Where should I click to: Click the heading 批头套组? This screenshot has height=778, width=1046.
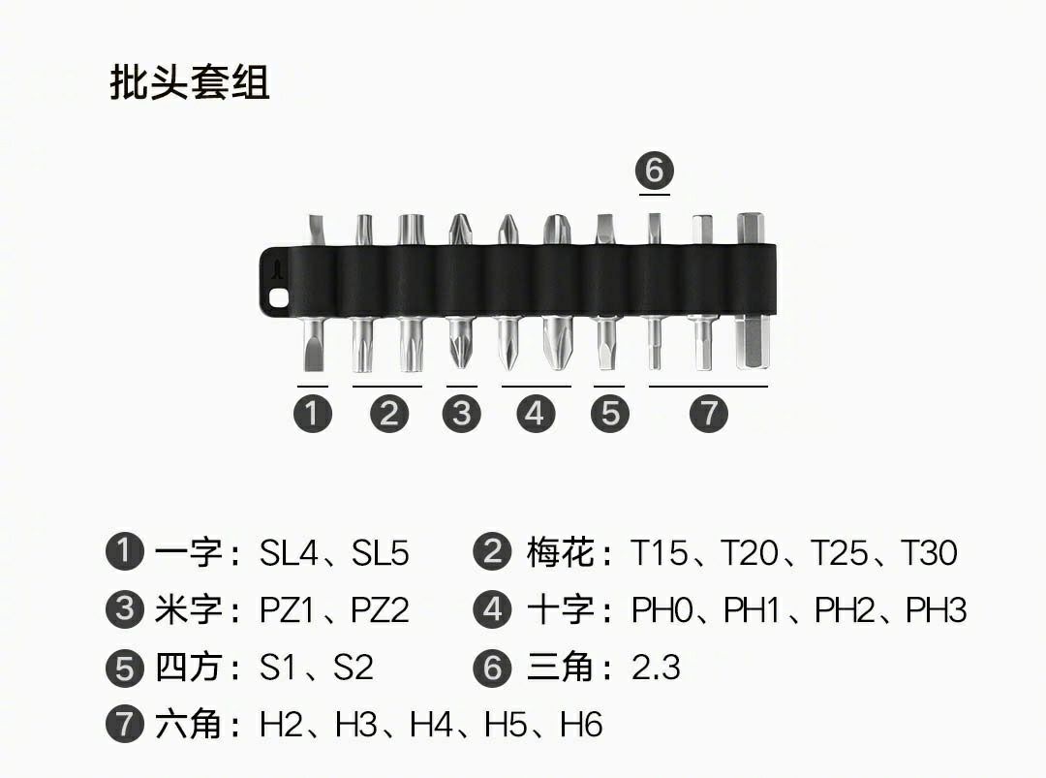click(190, 82)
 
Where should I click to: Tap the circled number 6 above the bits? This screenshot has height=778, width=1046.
click(655, 171)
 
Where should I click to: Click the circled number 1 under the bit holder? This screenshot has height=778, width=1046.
click(313, 413)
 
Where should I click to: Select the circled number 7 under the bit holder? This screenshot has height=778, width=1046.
click(708, 413)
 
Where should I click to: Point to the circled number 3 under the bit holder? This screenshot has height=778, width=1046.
click(462, 413)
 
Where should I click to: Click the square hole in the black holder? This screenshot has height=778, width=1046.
click(278, 298)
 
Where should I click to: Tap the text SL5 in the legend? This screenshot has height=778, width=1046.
click(380, 552)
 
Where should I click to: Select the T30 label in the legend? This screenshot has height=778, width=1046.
click(929, 552)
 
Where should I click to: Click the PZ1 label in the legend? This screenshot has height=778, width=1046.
click(286, 609)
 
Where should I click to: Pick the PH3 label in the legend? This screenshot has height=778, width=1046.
click(936, 609)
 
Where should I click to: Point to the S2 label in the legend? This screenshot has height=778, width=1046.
click(353, 668)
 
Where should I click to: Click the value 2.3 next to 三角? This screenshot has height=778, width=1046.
click(656, 668)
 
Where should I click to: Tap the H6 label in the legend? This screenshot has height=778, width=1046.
click(581, 725)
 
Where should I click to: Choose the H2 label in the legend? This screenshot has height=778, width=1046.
click(281, 725)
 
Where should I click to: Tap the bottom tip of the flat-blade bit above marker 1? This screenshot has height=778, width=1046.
click(314, 370)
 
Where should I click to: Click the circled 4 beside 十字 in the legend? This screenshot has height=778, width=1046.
click(492, 609)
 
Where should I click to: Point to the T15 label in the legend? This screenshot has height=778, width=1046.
click(660, 552)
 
